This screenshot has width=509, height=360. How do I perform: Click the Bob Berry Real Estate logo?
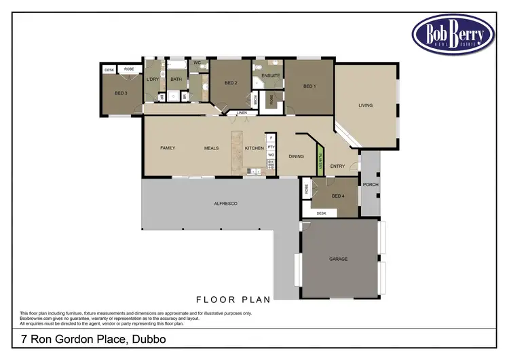[453, 33]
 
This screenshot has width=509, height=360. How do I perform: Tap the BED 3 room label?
[121, 92]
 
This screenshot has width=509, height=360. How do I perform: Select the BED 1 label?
[309, 86]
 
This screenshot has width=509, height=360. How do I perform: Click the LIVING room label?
[366, 105]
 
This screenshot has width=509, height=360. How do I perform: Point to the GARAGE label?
[338, 259]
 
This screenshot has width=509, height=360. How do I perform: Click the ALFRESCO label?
[225, 204]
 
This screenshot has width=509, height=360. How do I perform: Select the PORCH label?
[371, 185]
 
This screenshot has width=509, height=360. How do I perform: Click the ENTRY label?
[337, 166]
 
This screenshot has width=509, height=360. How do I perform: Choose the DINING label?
[297, 156]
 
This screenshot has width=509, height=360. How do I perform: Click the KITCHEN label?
[254, 147]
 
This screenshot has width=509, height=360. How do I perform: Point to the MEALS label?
[211, 147]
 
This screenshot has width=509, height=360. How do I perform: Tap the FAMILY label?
[168, 147]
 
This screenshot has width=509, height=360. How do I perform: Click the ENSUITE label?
[271, 75]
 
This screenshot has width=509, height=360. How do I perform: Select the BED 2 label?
[231, 83]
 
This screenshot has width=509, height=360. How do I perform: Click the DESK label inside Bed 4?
[322, 213]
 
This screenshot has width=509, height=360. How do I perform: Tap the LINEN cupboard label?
[241, 113]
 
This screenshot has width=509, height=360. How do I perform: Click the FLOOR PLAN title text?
[233, 299]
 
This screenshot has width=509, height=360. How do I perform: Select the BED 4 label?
[339, 196]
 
